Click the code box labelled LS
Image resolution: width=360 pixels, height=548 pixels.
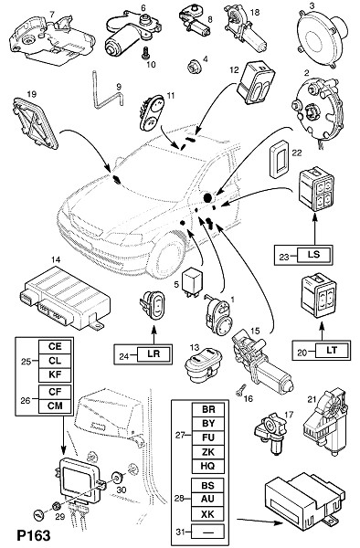pos(314,255)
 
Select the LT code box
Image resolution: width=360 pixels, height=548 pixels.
pos(332,350)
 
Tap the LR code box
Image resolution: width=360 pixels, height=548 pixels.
pos(154,353)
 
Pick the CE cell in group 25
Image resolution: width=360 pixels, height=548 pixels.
pos(55,347)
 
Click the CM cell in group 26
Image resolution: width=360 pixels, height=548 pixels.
pos(55,406)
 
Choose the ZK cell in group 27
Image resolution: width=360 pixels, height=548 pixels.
pos(208,452)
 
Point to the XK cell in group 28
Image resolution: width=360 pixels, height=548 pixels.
pos(207,514)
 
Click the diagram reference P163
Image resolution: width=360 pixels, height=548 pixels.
pos(34,535)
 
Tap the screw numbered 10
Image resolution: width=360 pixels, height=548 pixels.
pos(144,53)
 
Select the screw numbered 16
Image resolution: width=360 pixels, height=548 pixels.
pos(241,391)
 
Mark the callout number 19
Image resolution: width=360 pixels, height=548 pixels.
pos(31,94)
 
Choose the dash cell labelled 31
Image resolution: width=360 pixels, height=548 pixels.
pos(207,532)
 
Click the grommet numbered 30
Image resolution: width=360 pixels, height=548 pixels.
pos(118,476)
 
